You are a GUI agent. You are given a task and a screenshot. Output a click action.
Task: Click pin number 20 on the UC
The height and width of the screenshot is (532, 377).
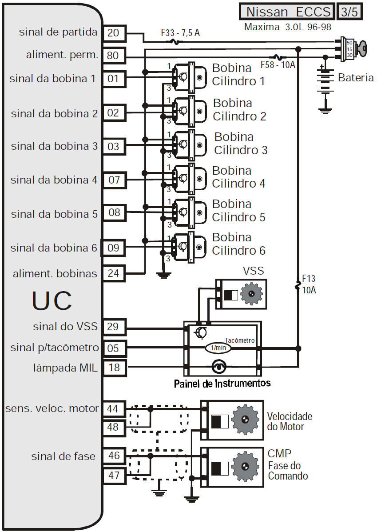point(114,32)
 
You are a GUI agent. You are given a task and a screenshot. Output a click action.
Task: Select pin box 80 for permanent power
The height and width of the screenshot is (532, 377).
point(114,56)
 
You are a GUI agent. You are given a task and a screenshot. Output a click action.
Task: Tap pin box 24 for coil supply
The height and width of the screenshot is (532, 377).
point(114,273)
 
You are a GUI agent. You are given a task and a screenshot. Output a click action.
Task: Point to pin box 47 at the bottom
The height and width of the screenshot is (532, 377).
point(114,476)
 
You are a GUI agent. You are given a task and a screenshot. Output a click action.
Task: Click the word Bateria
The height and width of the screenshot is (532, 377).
point(356,78)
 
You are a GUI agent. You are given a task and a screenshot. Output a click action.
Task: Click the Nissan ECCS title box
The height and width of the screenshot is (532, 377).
point(287,11)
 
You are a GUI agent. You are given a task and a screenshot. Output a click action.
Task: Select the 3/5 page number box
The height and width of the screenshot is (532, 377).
point(349,11)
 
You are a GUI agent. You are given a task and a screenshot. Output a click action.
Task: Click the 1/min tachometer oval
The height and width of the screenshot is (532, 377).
point(218,348)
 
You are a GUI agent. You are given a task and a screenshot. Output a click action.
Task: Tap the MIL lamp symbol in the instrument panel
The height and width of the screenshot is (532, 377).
point(219,367)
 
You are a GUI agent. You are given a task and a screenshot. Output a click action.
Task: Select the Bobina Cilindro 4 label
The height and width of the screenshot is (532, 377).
point(238,177)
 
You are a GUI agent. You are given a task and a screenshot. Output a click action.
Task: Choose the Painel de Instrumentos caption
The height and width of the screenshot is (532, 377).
point(222,383)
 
